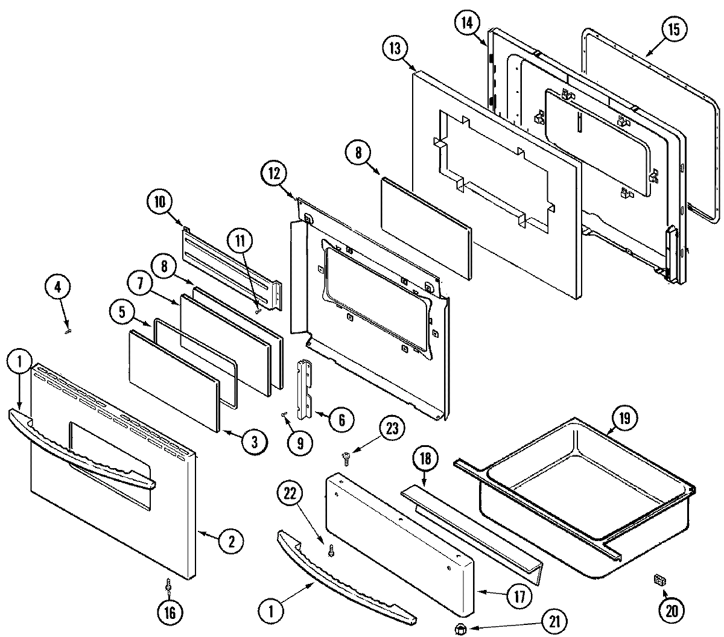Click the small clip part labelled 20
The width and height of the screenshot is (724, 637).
(659, 580)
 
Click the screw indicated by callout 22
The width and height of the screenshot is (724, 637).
(331, 551)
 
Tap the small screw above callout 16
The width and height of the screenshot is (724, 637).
(169, 585)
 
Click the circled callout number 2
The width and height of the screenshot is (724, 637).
(230, 541)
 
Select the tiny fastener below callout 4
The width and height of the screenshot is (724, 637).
(68, 329)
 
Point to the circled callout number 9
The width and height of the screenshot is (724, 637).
(300, 443)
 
